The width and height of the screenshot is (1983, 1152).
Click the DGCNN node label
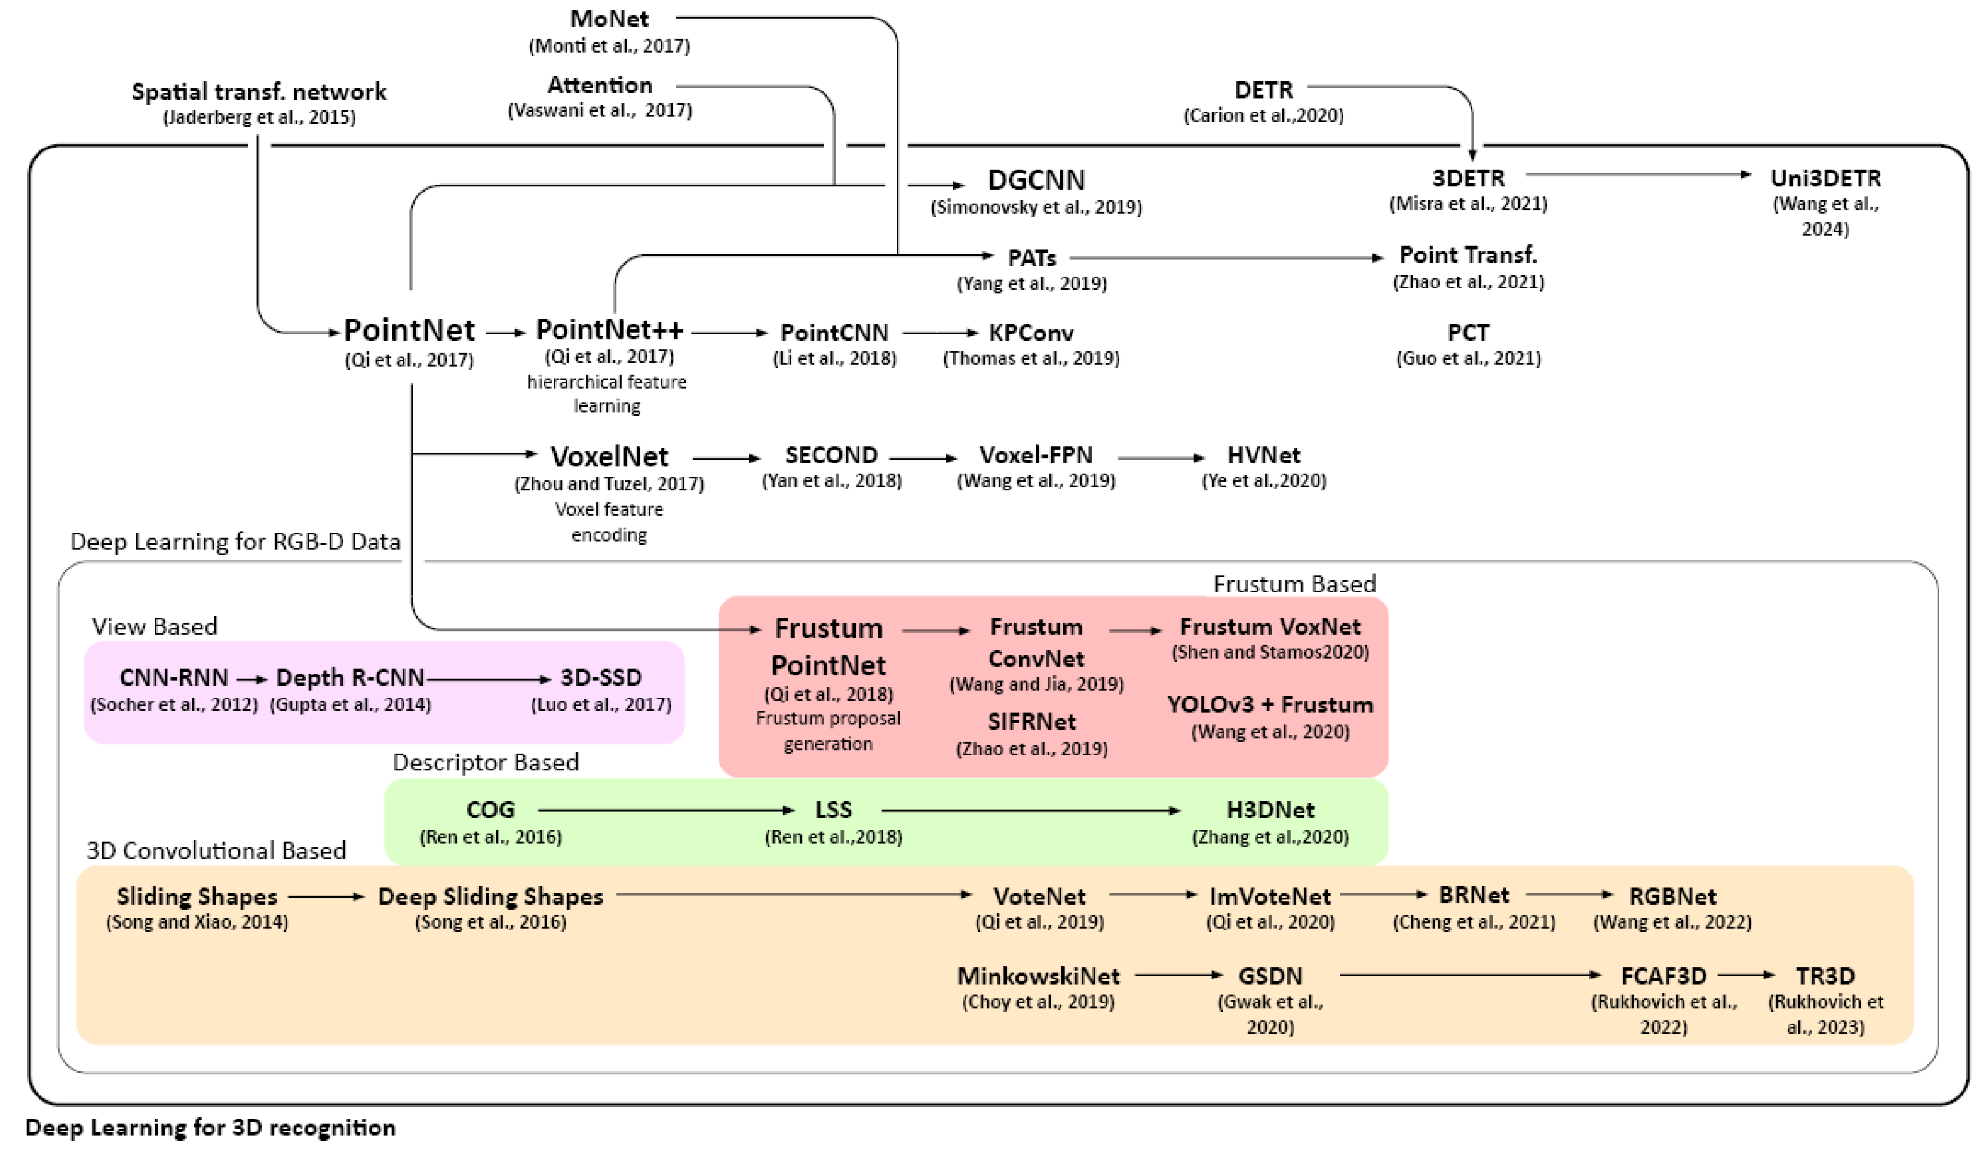coord(1036,180)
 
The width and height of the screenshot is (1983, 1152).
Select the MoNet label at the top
coord(609,18)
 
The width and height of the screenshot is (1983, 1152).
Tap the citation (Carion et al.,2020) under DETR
coord(1263,116)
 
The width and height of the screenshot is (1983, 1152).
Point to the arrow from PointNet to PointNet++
coord(505,333)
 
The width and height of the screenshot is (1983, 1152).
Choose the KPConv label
coord(1031,333)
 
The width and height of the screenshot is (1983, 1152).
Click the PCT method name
coord(1468,333)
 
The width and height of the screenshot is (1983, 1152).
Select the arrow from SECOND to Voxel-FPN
coord(923,458)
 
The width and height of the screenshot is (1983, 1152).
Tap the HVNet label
coord(1263,455)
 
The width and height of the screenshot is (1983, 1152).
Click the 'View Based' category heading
coord(154,626)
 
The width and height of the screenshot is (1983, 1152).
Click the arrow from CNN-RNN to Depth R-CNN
coord(252,679)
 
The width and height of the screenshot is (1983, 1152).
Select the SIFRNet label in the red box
coord(1031,721)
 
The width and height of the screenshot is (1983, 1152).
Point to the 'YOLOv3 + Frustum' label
coord(1269,704)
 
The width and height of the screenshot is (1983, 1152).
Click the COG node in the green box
coord(490,810)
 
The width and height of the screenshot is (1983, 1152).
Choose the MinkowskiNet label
coord(1038,976)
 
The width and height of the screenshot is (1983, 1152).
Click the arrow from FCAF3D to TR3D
coord(1745,975)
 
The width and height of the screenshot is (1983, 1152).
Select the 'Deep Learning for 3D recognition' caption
coord(210,1128)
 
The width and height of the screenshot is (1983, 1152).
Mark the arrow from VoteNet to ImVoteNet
coord(1152,895)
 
